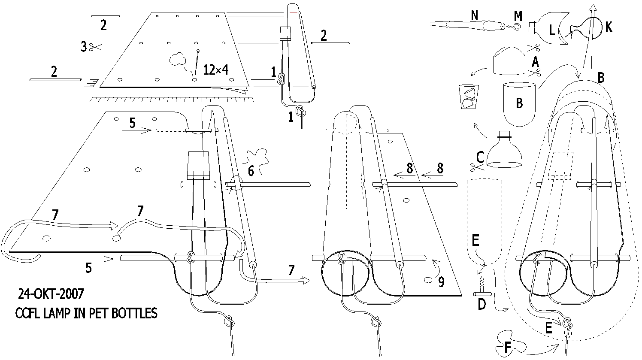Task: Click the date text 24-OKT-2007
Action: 51,294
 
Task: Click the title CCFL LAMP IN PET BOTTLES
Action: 86,313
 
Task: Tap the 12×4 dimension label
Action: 216,70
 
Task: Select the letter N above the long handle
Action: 475,15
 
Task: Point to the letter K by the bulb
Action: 609,27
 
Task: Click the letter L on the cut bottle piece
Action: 552,30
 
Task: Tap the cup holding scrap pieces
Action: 469,97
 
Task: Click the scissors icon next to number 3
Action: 95,47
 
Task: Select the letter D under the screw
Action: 482,304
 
